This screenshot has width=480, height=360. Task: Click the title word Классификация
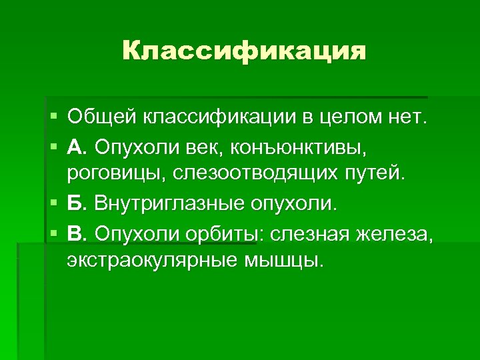pyautogui.click(x=244, y=51)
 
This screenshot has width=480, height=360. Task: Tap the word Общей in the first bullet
pyautogui.click(x=98, y=117)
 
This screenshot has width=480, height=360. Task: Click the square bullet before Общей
pyautogui.click(x=53, y=117)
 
